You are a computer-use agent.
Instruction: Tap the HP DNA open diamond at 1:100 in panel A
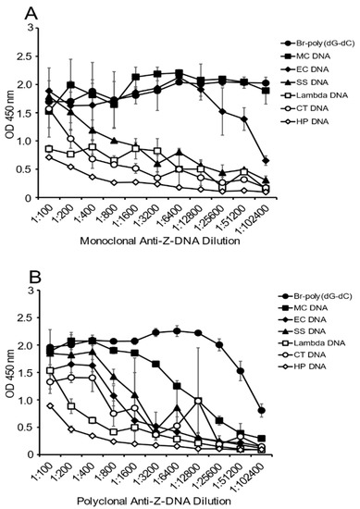[50, 157]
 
